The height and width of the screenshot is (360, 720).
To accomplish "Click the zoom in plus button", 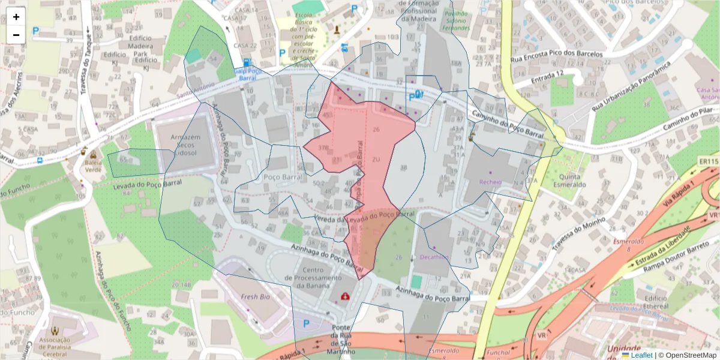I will point(16,17).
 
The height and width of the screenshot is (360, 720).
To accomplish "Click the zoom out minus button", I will point(16,35).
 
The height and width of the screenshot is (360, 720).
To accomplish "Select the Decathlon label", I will point(434,257).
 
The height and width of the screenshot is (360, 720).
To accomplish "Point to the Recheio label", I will point(490,181).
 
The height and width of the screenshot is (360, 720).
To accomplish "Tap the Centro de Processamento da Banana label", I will point(309,278).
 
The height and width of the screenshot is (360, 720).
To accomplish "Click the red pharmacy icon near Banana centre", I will point(346,296).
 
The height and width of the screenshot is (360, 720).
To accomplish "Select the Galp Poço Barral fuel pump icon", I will point(247,62).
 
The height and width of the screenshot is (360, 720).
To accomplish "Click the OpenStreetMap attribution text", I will point(687,355).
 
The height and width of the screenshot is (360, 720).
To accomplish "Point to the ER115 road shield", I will point(709,161).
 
